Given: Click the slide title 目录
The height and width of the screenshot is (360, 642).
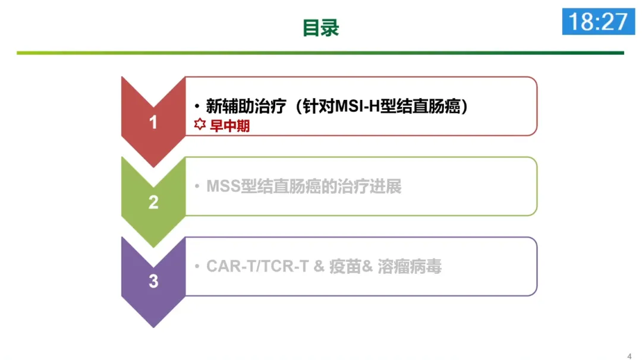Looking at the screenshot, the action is pyautogui.click(x=320, y=28).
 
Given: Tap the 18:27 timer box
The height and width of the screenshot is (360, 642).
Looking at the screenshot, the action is pyautogui.click(x=598, y=21).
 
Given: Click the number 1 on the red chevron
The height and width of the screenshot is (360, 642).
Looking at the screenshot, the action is pyautogui.click(x=153, y=122).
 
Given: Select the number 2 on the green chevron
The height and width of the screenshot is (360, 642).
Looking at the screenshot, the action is pyautogui.click(x=153, y=203).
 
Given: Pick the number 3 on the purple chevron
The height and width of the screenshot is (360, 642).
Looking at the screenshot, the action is pyautogui.click(x=153, y=281).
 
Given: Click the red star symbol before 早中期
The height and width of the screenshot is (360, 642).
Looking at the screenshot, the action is pyautogui.click(x=200, y=126).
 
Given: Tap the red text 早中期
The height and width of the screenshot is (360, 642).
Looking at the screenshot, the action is pyautogui.click(x=230, y=127).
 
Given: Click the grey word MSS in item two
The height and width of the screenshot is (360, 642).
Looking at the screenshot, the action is pyautogui.click(x=223, y=187).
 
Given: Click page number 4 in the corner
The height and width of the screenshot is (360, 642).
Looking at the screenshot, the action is pyautogui.click(x=629, y=356).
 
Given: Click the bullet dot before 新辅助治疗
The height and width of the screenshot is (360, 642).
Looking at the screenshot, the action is pyautogui.click(x=197, y=107).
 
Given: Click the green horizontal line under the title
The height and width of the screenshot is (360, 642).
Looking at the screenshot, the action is pyautogui.click(x=320, y=53).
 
